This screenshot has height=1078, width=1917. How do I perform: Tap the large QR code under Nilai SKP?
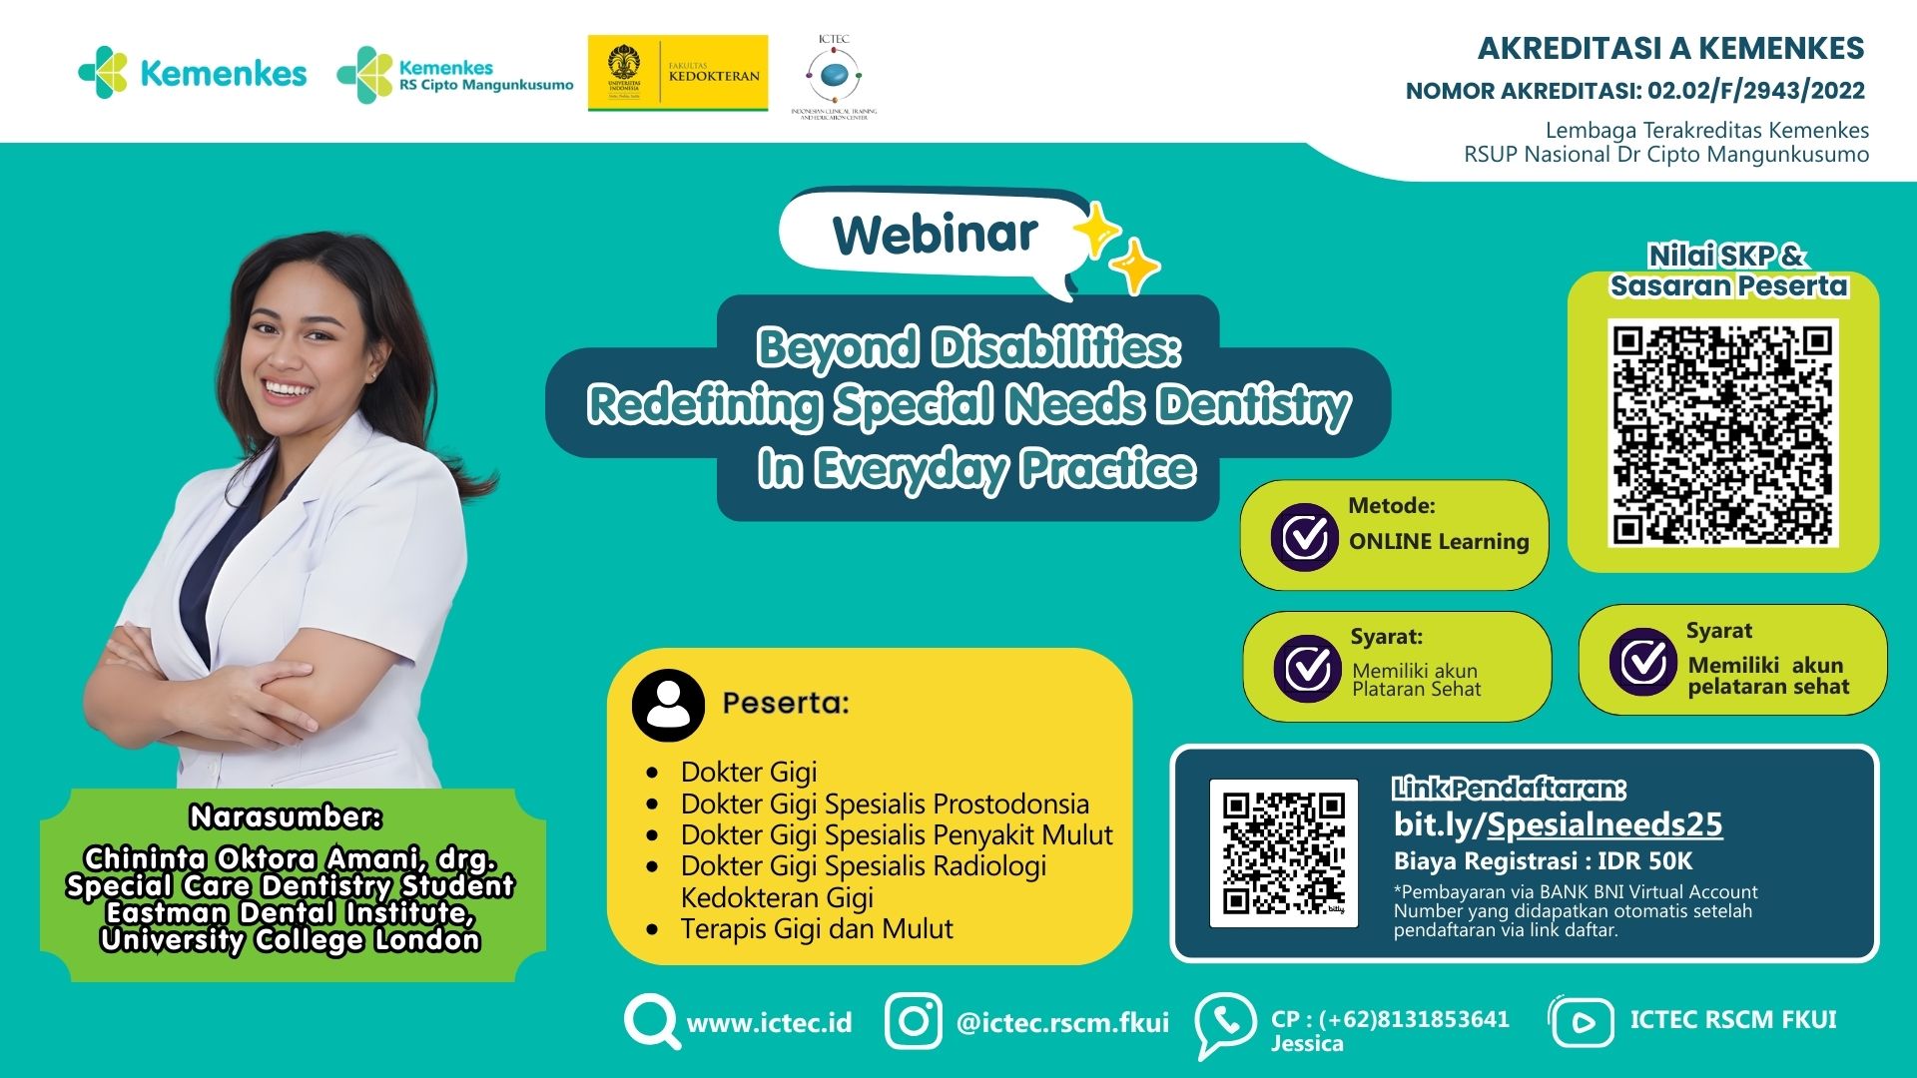1723,433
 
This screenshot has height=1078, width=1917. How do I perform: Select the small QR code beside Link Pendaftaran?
1283,853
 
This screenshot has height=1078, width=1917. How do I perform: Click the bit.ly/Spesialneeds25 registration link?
1558,824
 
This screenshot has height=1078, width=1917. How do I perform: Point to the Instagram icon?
913,1021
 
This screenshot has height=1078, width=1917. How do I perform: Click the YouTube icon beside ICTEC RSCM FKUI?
1582,1021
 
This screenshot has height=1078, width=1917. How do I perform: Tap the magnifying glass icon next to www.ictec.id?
651,1021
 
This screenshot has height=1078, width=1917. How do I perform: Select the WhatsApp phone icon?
1225,1023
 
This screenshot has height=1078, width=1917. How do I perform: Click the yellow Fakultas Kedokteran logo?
678,74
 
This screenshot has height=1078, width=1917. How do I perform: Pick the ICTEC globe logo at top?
833,74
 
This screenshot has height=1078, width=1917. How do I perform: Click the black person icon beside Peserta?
668,705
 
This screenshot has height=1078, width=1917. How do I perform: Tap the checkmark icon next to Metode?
1304,537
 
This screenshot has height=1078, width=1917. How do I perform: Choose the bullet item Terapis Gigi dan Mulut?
816,929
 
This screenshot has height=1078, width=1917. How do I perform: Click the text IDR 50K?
1644,861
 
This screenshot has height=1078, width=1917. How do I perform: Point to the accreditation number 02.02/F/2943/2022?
1756,91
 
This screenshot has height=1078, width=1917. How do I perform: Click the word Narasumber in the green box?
286,817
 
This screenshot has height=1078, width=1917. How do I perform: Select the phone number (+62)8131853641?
1414,1019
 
